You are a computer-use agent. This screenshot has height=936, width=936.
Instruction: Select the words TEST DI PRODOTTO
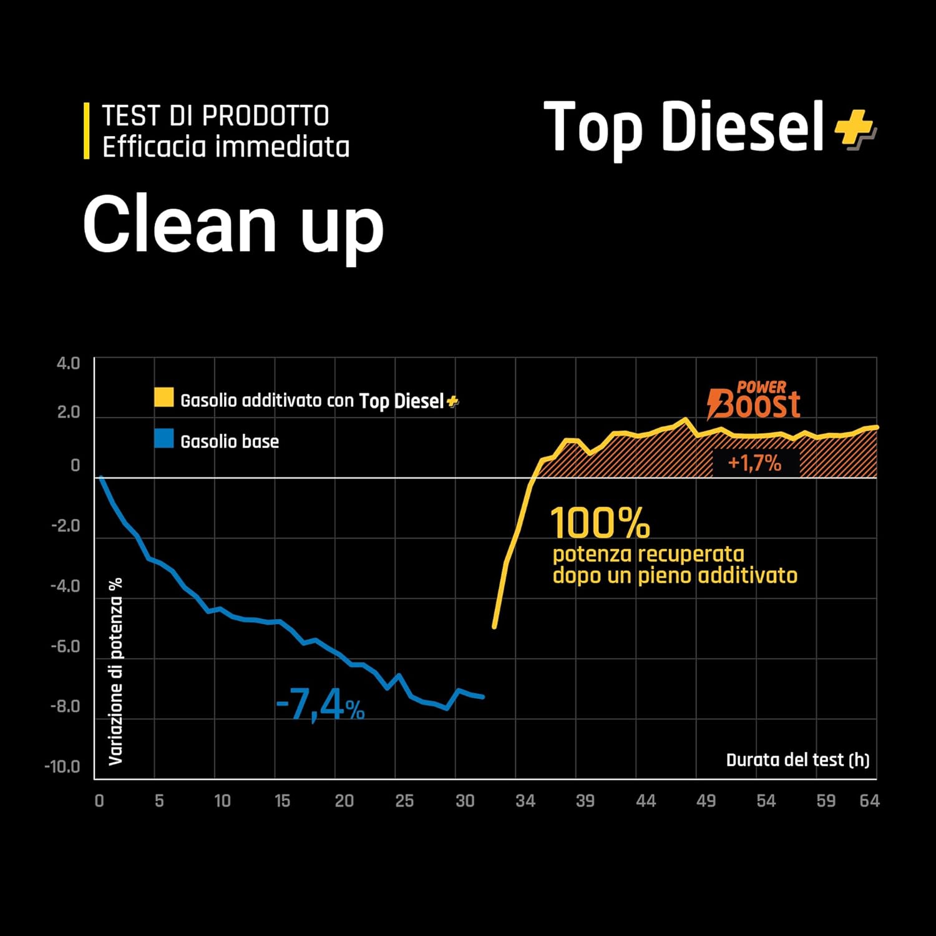tap(215, 116)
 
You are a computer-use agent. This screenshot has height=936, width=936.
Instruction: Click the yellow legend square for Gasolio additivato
tap(164, 398)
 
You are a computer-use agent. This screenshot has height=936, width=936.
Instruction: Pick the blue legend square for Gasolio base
tap(164, 439)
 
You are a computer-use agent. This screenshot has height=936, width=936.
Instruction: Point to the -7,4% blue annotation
tap(320, 707)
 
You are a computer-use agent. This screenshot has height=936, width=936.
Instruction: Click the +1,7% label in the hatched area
tap(754, 463)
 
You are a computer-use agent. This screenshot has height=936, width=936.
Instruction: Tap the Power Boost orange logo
tap(754, 401)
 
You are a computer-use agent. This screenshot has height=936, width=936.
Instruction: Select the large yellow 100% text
tap(600, 523)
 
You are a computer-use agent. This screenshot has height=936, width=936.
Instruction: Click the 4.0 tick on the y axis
tap(69, 364)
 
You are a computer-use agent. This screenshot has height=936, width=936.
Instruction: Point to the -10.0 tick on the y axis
tap(62, 767)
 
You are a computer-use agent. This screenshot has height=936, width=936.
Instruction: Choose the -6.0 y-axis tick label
tap(66, 646)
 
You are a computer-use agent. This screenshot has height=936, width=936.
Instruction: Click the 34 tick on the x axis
tap(525, 801)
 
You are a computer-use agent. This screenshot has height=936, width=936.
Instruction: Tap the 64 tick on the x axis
tap(869, 801)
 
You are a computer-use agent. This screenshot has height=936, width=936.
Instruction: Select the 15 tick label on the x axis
tap(282, 801)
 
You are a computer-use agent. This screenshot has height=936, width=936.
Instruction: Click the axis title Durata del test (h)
tap(797, 760)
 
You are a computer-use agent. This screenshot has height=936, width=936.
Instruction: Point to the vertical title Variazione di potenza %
tap(115, 671)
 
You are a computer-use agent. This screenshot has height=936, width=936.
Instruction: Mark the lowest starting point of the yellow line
tap(494, 626)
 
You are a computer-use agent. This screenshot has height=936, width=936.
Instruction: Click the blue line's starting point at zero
tap(101, 478)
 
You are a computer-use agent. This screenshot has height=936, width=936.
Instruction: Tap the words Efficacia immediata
tap(226, 147)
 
